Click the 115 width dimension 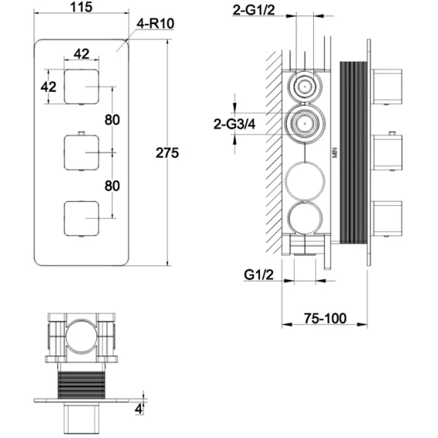(81, 7)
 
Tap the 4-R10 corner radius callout (155, 24)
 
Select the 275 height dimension (167, 153)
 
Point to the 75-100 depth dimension (325, 318)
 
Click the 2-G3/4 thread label (234, 124)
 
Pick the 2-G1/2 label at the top (254, 10)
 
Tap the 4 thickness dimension (139, 409)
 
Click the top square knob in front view (82, 87)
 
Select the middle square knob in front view (82, 153)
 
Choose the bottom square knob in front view (82, 218)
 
